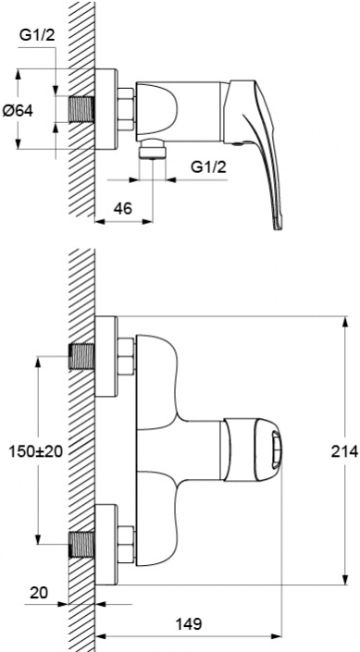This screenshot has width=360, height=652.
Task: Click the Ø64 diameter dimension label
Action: pyautogui.click(x=18, y=111)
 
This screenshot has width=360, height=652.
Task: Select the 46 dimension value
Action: pyautogui.click(x=122, y=208)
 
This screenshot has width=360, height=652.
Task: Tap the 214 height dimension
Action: pyautogui.click(x=344, y=450)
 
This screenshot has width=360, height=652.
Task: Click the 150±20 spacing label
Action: pyautogui.click(x=36, y=451)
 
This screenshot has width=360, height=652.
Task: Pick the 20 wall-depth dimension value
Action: pyautogui.click(x=39, y=593)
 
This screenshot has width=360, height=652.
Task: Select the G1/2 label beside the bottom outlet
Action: pyautogui.click(x=208, y=167)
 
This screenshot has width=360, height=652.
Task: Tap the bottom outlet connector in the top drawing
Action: pyautogui.click(x=153, y=150)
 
